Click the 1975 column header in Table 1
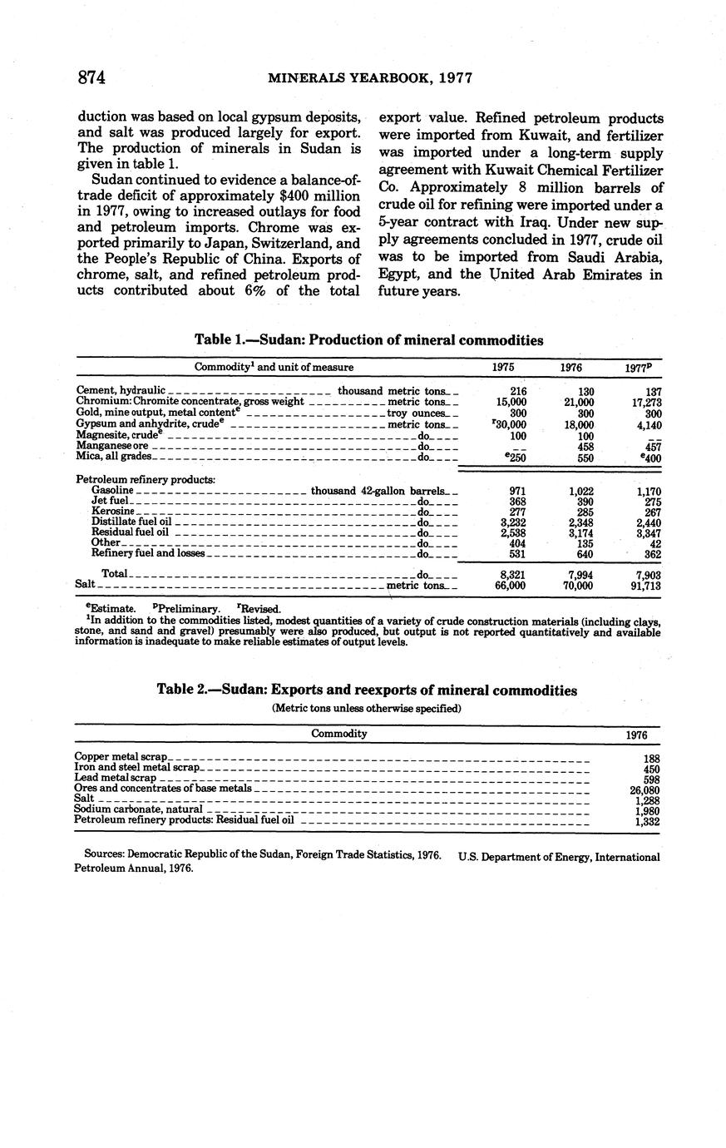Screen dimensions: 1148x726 (x=502, y=367)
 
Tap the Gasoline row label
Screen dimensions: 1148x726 (x=111, y=491)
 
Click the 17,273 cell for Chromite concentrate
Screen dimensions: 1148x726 (x=645, y=402)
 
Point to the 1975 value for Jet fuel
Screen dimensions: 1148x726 (x=516, y=502)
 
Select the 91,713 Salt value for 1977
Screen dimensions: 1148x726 (x=645, y=586)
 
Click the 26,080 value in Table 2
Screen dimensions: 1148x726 (x=645, y=789)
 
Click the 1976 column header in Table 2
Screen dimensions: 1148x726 (x=636, y=735)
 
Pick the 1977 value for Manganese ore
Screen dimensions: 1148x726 (x=652, y=446)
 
